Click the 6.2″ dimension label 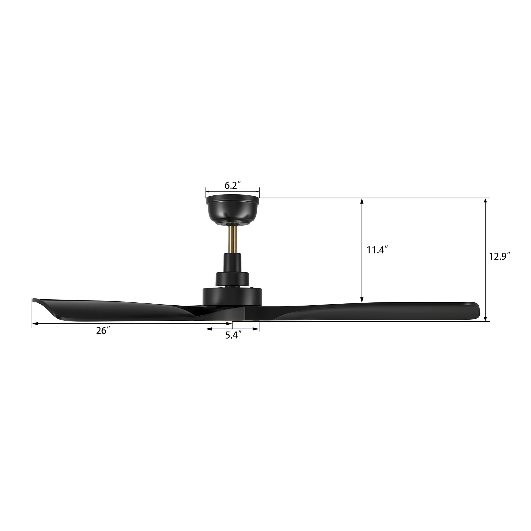click(x=232, y=186)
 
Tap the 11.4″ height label click(x=377, y=250)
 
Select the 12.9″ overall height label click(x=499, y=256)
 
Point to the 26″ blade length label click(x=101, y=331)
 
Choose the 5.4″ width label click(x=233, y=335)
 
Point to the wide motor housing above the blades click(x=232, y=297)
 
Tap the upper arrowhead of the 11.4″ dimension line click(x=362, y=201)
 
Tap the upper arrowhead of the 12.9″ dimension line click(x=486, y=201)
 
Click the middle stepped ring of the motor click(x=232, y=278)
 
